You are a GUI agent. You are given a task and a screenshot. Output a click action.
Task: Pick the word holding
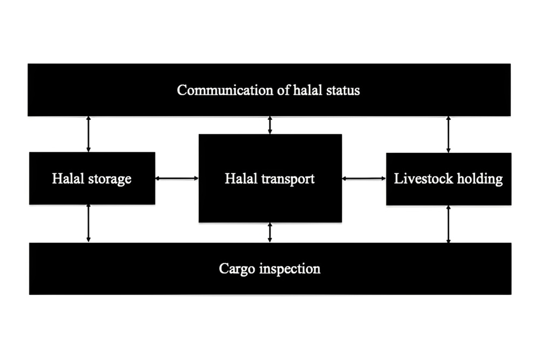click(480, 179)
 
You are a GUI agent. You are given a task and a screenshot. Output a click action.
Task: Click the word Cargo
click(237, 268)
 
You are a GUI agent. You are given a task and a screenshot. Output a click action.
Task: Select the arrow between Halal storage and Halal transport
click(177, 178)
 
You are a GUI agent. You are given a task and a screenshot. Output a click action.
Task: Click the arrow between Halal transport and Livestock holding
click(364, 178)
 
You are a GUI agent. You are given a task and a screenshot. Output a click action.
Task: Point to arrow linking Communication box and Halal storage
click(89, 134)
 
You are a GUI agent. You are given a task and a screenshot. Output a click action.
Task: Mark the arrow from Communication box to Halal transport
click(270, 125)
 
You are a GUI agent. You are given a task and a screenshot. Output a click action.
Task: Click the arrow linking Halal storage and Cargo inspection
click(89, 223)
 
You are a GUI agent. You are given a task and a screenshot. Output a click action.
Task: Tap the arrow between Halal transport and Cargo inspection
click(270, 233)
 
